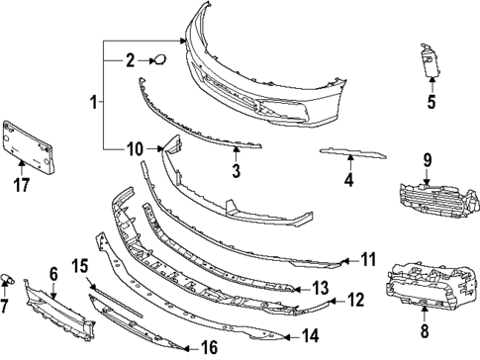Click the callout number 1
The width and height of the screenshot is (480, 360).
pos(93,101)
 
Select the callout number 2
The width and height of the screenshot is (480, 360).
pos(129,61)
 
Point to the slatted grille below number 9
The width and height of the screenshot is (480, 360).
pos(425,194)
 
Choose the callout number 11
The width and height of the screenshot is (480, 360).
pos(368,260)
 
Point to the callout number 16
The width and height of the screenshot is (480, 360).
pos(209,346)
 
